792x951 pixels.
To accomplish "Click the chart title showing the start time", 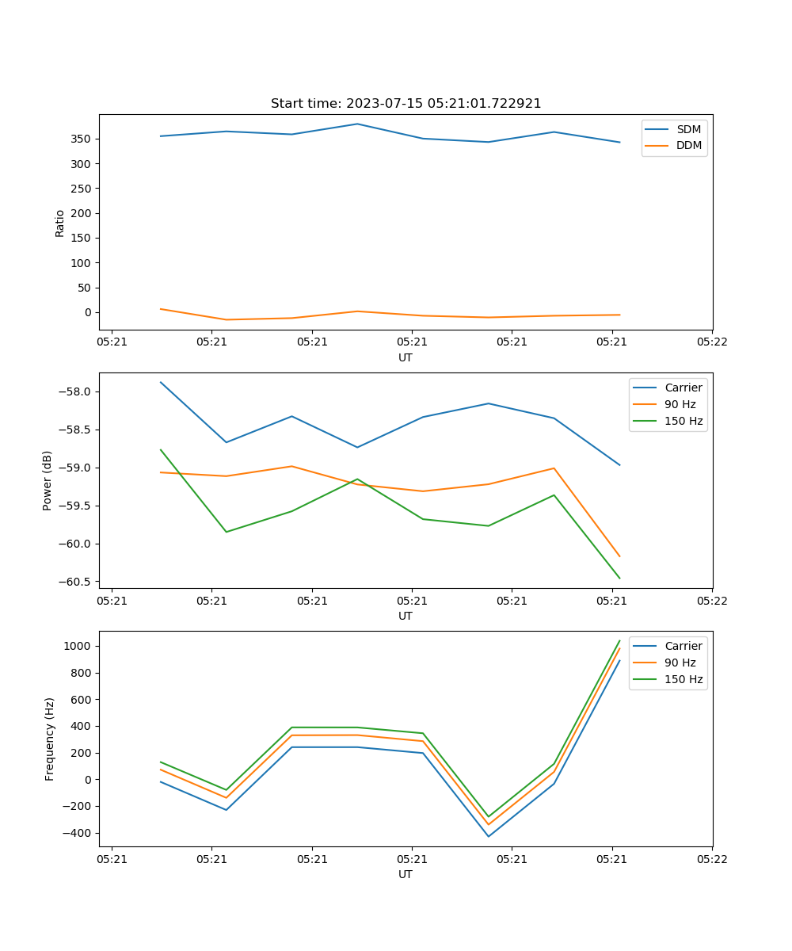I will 406,104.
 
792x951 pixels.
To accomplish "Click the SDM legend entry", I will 688,129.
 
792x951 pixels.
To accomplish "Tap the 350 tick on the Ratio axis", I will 82,139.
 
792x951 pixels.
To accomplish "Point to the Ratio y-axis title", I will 60,223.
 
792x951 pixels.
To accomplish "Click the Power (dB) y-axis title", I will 48,480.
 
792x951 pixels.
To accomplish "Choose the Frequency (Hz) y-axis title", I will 50,739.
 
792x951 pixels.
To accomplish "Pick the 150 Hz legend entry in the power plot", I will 683,421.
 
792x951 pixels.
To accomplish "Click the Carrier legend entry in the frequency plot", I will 683,646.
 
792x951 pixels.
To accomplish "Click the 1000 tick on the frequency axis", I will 78,646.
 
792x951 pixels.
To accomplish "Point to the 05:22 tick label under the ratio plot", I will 711,342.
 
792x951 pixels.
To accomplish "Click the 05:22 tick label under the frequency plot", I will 711,859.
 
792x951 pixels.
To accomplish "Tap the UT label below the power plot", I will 406,616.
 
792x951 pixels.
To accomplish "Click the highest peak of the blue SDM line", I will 357,124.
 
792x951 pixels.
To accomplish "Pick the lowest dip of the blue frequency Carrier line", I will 489,836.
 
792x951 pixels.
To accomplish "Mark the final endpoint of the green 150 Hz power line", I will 619,579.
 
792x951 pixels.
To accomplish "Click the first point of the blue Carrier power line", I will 161,382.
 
